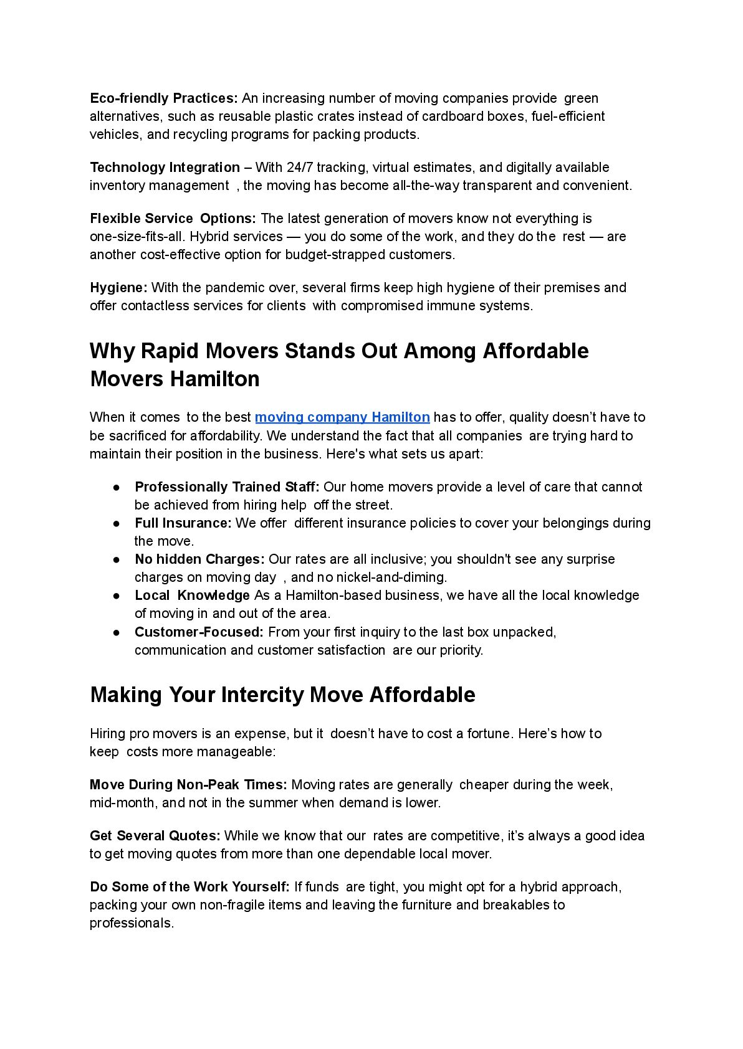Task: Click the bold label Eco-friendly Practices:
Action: pyautogui.click(x=164, y=98)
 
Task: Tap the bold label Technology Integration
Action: pyautogui.click(x=165, y=168)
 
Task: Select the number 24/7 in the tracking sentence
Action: pyautogui.click(x=300, y=168)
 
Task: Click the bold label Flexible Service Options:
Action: pyautogui.click(x=173, y=219)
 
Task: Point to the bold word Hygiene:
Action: pyautogui.click(x=118, y=288)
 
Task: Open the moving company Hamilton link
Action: pyautogui.click(x=342, y=417)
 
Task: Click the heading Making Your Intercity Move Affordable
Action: pyautogui.click(x=282, y=695)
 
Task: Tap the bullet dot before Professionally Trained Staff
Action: pyautogui.click(x=117, y=487)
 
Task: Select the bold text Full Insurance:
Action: pyautogui.click(x=183, y=523)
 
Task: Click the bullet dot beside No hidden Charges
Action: pyautogui.click(x=117, y=559)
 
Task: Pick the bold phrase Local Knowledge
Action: pyautogui.click(x=192, y=596)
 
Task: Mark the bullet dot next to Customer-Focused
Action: pyautogui.click(x=117, y=632)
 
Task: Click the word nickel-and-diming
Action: pyautogui.click(x=391, y=577)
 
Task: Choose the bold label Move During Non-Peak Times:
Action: pyautogui.click(x=188, y=785)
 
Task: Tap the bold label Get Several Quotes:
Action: pyautogui.click(x=155, y=836)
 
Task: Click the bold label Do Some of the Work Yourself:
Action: pyautogui.click(x=189, y=887)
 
